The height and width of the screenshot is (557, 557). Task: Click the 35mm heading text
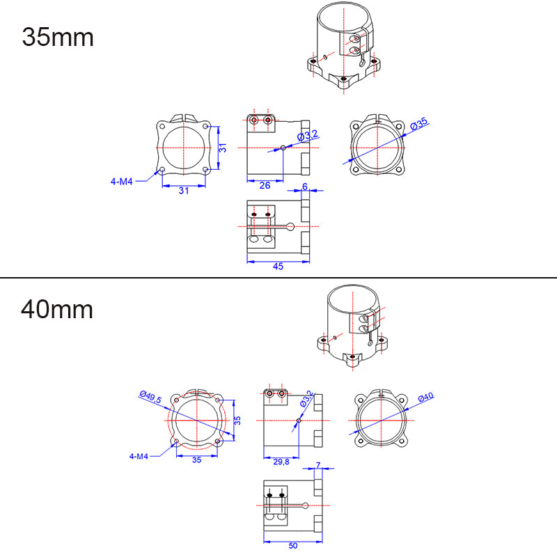coord(58,36)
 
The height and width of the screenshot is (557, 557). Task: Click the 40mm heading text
coord(57,308)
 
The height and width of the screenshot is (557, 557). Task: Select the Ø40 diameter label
coord(425,397)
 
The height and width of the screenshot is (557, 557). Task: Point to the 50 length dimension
coord(292,545)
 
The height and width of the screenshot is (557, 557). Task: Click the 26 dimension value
coord(265,185)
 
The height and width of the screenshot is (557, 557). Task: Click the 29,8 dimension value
coord(281,462)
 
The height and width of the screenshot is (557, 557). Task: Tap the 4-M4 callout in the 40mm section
coord(139,457)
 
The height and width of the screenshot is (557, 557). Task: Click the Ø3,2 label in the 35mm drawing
coord(307,134)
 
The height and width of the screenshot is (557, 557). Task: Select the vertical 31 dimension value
coord(222,148)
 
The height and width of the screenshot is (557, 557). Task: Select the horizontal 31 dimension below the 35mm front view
coord(183,191)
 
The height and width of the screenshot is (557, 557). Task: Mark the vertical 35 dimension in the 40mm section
coord(237,421)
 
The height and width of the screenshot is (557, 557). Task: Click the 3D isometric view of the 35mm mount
coord(344,49)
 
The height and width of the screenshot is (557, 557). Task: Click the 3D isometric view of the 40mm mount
coord(354,324)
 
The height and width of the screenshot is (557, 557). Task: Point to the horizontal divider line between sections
coord(278,278)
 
